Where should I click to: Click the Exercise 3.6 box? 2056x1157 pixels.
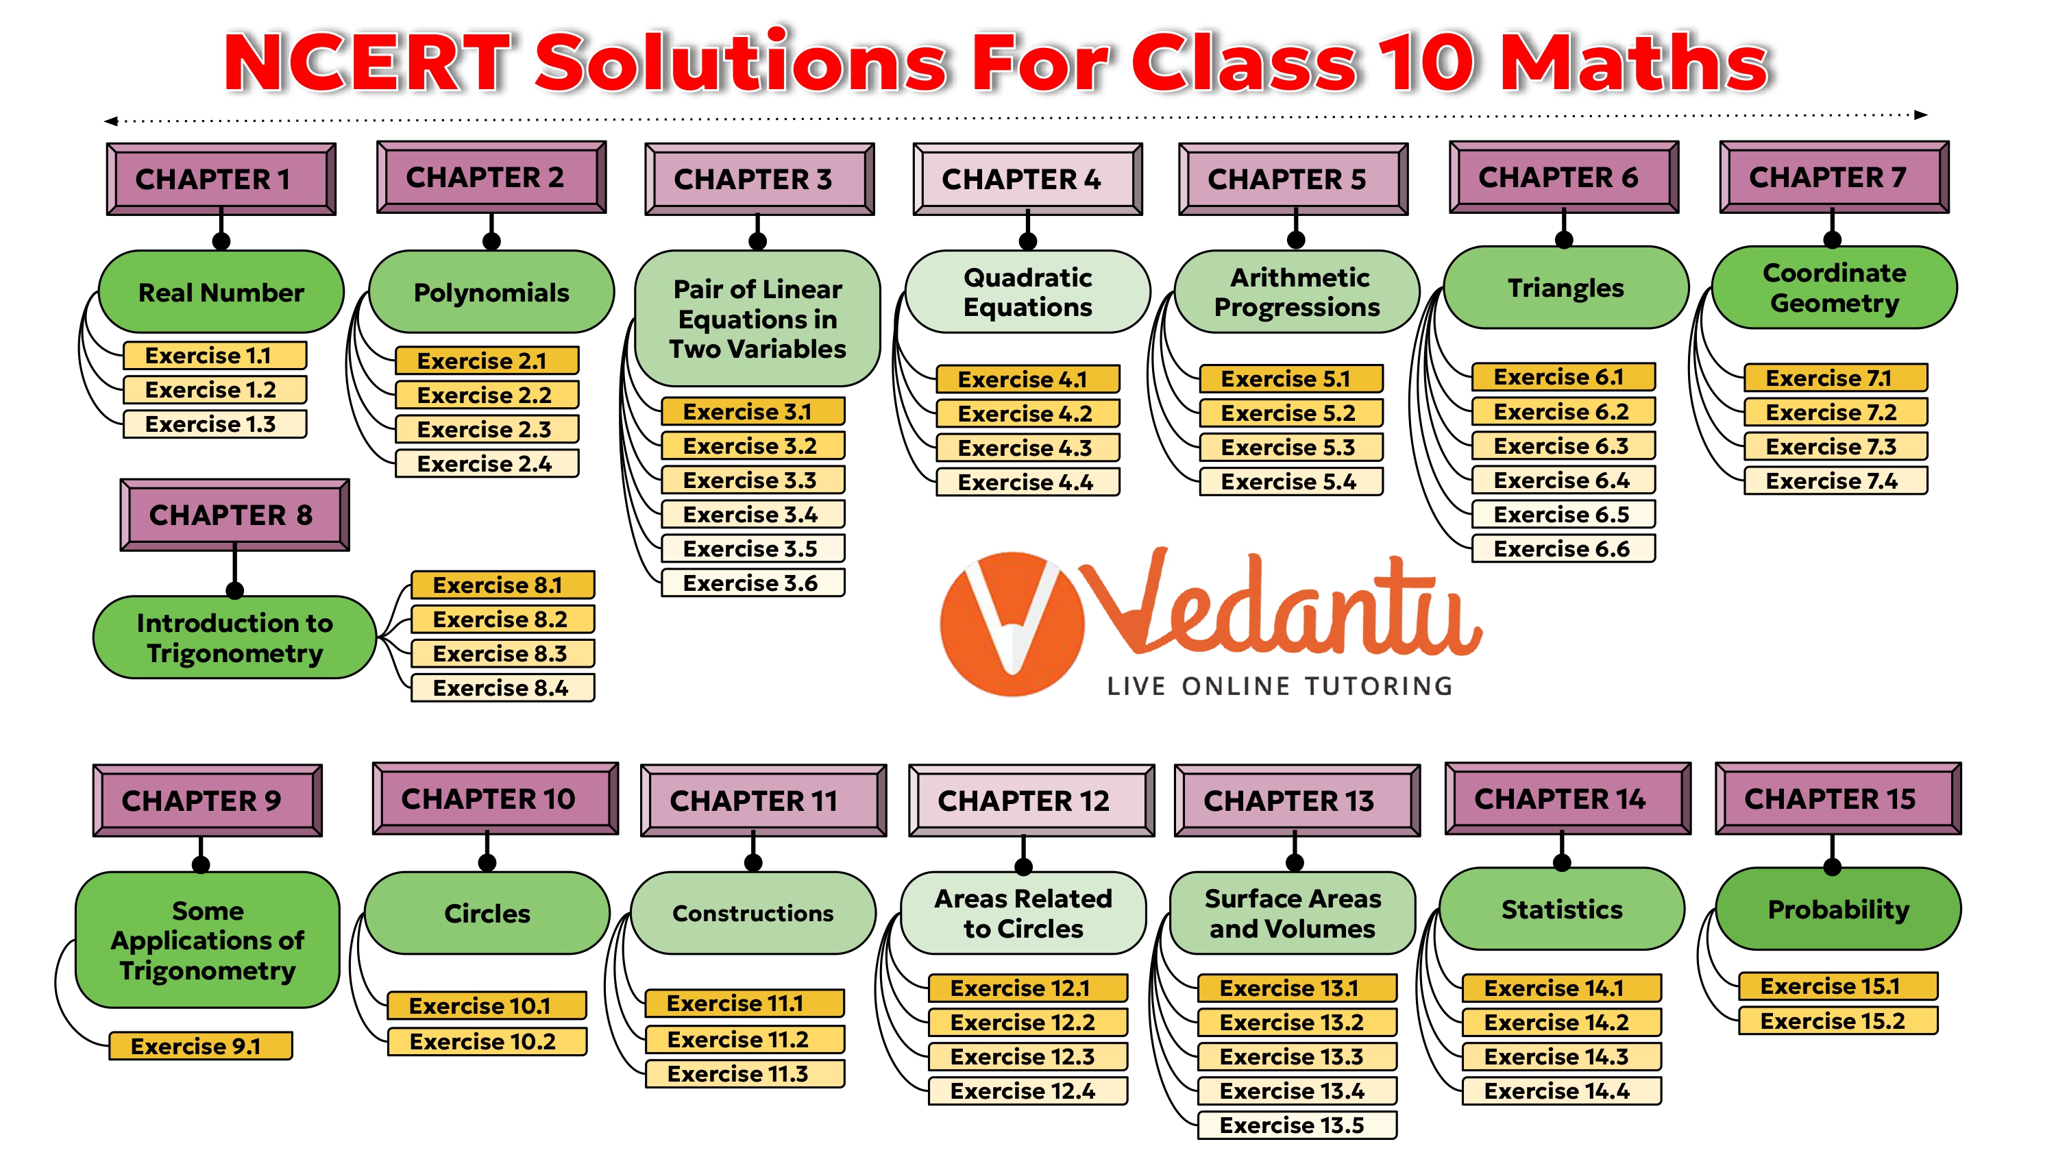[x=752, y=583]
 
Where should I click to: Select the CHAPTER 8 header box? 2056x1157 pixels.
[x=234, y=515]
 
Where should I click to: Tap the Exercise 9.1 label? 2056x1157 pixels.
[x=199, y=1046]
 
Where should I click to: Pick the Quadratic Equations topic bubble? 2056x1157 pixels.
[x=1027, y=292]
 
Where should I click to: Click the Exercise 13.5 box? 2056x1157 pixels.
[x=1296, y=1125]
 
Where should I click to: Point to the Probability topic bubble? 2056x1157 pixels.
[x=1837, y=909]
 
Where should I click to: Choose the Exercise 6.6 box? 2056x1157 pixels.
[x=1563, y=548]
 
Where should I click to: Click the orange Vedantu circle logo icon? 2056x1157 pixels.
[x=1012, y=624]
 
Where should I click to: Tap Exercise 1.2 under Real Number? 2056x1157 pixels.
[x=214, y=389]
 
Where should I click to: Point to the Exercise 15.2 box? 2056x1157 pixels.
[x=1837, y=1021]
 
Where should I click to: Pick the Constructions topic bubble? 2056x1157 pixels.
[x=752, y=913]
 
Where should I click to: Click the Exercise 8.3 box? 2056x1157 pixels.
[x=502, y=653]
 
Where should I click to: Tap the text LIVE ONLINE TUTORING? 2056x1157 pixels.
[x=1280, y=686]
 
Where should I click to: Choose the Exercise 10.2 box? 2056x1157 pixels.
[x=486, y=1041]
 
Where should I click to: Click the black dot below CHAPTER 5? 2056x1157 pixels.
[x=1295, y=239]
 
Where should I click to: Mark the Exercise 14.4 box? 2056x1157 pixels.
[x=1561, y=1091]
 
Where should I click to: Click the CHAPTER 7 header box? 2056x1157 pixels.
[x=1833, y=178]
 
